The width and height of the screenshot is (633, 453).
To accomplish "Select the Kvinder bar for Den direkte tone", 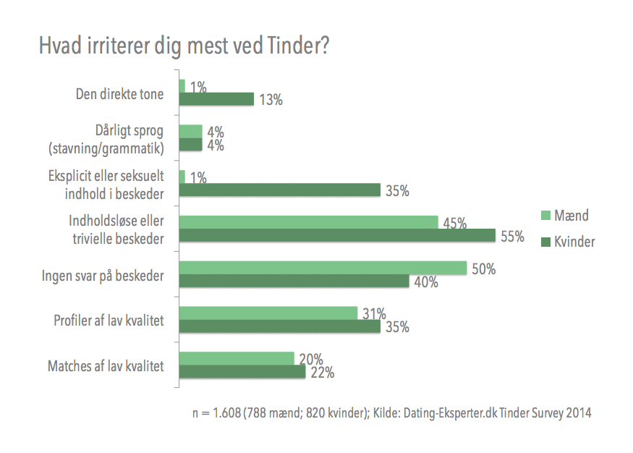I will pyautogui.click(x=216, y=100).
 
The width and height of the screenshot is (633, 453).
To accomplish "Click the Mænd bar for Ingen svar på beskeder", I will pyautogui.click(x=323, y=268).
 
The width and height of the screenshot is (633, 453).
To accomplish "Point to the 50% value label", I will pyautogui.click(x=483, y=269).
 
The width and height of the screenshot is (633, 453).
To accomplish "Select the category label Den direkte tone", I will pyautogui.click(x=120, y=93).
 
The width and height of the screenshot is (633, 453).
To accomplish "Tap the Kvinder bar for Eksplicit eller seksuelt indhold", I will pyautogui.click(x=279, y=190).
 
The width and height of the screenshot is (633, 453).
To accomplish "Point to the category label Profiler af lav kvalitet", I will pyautogui.click(x=109, y=320).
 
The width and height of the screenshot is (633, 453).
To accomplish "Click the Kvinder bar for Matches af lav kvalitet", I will pyautogui.click(x=242, y=372).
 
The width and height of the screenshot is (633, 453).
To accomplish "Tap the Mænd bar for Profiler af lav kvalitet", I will pyautogui.click(x=268, y=313).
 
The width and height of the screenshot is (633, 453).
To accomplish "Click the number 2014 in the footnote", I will pyautogui.click(x=577, y=413).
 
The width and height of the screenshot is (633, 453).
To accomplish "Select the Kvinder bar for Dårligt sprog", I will pyautogui.click(x=190, y=145).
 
